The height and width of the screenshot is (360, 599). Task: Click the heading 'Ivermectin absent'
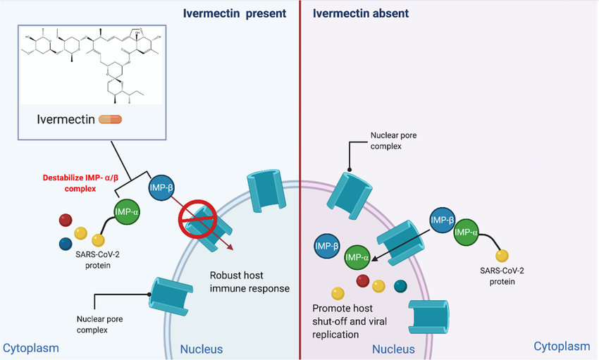click(360, 13)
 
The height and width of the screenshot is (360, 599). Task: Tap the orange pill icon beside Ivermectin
click(111, 119)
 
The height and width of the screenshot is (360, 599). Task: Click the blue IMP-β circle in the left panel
click(162, 188)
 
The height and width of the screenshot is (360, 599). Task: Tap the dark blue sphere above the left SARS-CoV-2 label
click(66, 244)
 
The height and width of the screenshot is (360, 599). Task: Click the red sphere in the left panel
click(64, 218)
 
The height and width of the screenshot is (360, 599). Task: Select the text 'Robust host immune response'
click(249, 281)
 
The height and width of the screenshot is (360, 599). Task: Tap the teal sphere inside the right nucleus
click(400, 285)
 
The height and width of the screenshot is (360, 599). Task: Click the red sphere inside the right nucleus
click(362, 281)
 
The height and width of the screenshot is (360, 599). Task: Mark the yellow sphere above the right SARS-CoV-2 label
click(502, 254)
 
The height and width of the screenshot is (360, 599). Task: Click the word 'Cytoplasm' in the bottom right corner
click(562, 346)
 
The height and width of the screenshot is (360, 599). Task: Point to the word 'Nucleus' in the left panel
click(202, 349)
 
